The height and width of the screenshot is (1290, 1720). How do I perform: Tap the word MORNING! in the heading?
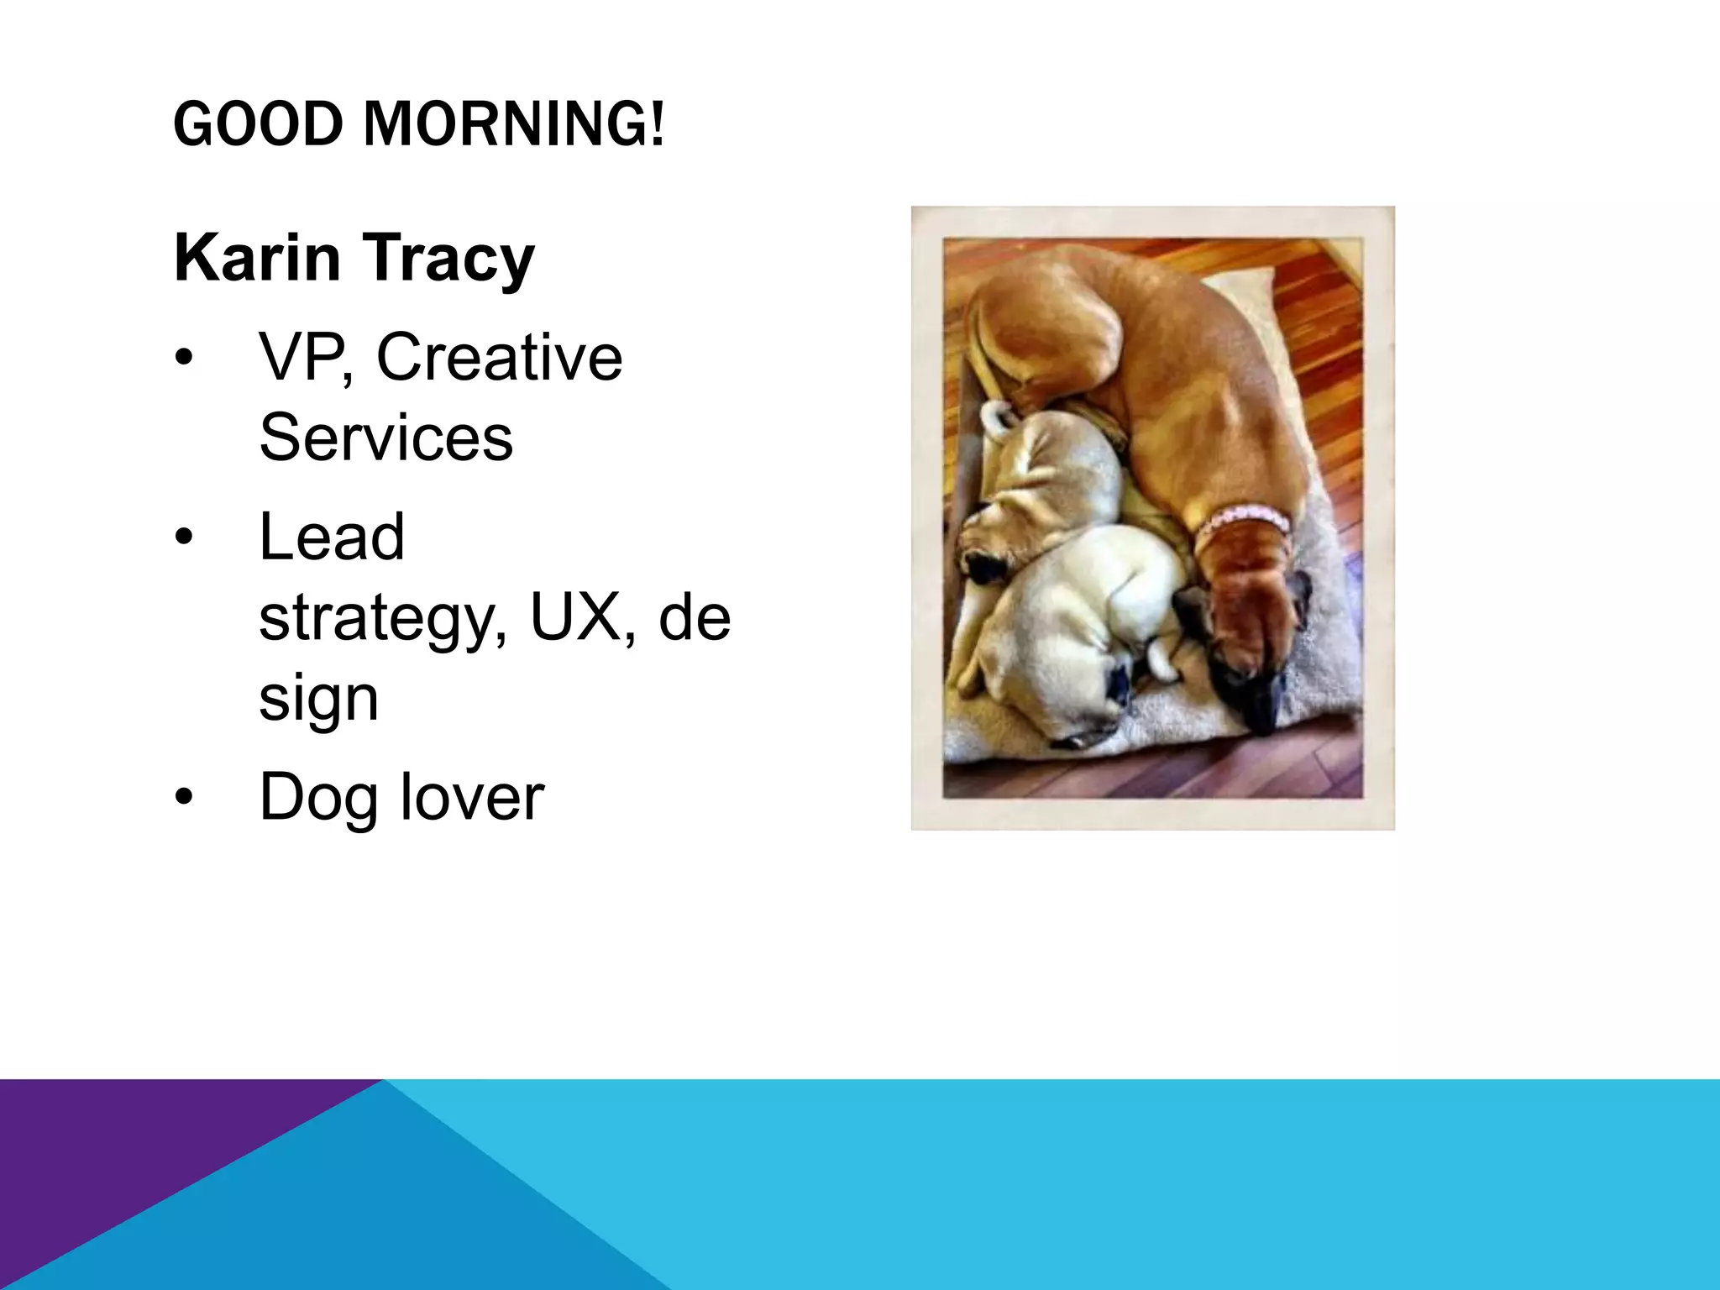514,123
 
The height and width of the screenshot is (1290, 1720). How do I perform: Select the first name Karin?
257,258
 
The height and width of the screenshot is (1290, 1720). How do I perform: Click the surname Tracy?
449,260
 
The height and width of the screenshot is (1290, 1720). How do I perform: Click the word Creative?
499,356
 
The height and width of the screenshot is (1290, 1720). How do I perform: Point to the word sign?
318,699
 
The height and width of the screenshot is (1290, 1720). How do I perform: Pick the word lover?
472,795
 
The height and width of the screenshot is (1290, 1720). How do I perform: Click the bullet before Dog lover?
184,796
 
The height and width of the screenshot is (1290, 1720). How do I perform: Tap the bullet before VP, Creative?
184,358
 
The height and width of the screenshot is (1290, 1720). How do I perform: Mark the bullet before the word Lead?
184,537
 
